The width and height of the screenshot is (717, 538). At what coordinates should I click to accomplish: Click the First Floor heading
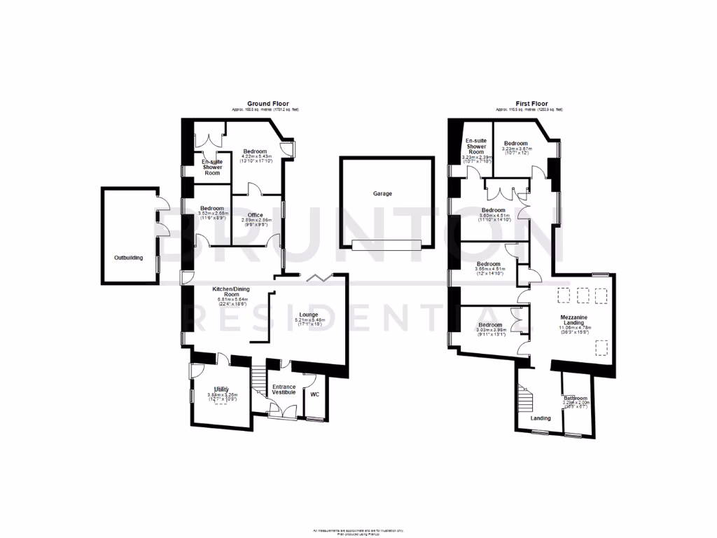tap(529, 104)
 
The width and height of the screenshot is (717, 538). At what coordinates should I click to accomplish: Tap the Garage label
tap(382, 193)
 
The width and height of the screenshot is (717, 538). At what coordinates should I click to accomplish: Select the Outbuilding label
tap(129, 258)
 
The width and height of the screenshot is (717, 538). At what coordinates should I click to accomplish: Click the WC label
tap(314, 394)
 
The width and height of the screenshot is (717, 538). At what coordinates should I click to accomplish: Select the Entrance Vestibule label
tap(284, 389)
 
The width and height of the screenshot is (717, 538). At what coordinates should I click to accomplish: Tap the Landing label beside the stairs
tap(541, 418)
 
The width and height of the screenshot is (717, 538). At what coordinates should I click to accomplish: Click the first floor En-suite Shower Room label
tap(476, 146)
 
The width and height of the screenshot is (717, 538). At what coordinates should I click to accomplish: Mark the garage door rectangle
tap(387, 244)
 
